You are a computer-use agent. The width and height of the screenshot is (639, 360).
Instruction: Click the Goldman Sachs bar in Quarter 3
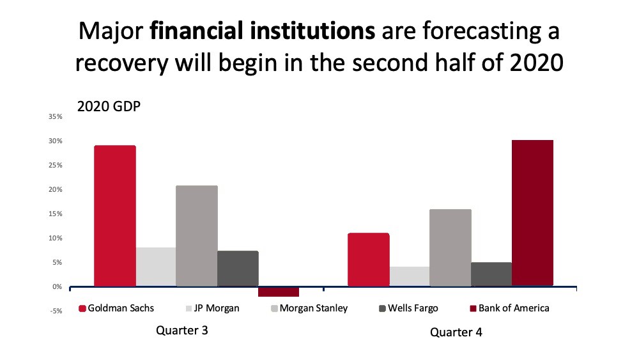coord(115,215)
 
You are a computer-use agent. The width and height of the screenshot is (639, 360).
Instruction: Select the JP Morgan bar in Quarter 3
coord(156,267)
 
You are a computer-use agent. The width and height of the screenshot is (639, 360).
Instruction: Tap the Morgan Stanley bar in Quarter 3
coord(197,236)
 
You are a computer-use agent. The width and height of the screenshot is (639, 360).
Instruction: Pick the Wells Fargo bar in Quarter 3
coord(238,269)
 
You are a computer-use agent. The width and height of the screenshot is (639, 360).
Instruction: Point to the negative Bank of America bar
coord(279,292)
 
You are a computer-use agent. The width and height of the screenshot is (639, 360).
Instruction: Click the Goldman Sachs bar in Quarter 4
coord(369,260)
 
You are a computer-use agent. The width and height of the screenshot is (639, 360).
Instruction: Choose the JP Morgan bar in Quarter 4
coord(410,276)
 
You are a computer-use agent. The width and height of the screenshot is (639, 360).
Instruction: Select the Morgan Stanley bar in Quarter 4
coord(450,247)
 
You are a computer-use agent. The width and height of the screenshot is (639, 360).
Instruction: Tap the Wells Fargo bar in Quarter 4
coord(491,274)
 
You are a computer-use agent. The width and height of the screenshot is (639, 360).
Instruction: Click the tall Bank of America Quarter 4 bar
coord(533,213)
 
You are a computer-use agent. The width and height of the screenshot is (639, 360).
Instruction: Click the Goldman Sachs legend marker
coord(82,309)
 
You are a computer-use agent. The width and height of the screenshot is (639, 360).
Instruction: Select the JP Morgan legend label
coord(217,308)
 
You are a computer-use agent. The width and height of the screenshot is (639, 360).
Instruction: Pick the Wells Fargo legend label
coord(413,308)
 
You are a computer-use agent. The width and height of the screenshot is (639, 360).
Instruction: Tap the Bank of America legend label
coord(514,308)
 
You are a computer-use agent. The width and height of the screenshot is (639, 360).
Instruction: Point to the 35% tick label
coord(56,116)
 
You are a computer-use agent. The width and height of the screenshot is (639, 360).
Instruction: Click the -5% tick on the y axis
coord(56,311)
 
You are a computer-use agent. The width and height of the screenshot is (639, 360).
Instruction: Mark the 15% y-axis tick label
coord(56,214)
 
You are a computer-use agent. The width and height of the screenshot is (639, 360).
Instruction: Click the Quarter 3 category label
coord(182,330)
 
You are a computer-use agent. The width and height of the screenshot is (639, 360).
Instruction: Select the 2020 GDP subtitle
coord(109,106)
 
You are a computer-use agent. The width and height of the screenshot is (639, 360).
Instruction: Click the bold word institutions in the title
coord(312,31)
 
